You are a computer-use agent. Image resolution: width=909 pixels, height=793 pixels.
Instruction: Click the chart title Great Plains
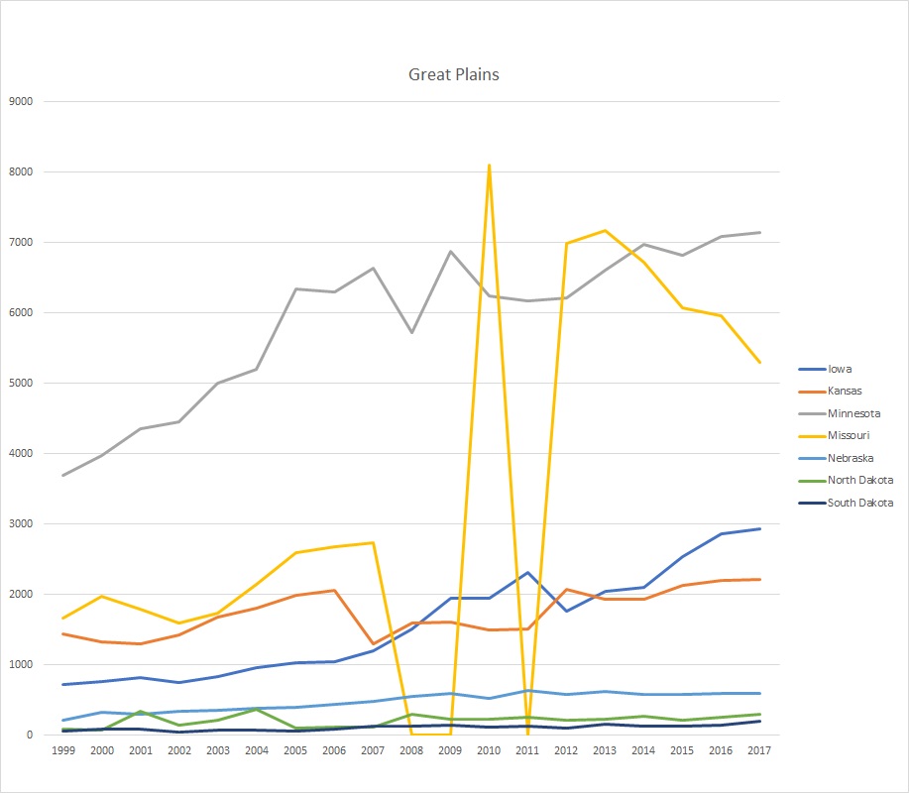click(454, 74)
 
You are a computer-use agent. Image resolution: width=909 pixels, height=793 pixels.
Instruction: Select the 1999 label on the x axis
click(63, 751)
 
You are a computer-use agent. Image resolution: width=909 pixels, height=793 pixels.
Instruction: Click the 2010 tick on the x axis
click(489, 751)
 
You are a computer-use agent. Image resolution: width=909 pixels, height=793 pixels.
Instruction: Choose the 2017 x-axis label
click(759, 751)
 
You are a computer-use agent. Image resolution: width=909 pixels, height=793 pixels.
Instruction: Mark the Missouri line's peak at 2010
click(489, 165)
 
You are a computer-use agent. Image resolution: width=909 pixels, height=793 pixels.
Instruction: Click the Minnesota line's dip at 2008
click(411, 332)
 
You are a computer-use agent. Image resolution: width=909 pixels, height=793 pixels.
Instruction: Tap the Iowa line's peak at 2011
click(527, 572)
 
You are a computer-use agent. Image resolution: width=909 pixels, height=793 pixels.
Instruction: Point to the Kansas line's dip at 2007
click(373, 644)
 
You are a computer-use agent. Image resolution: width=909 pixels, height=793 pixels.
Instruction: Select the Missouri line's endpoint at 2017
click(759, 363)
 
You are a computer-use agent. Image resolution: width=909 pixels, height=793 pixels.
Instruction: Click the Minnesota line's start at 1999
click(63, 476)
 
